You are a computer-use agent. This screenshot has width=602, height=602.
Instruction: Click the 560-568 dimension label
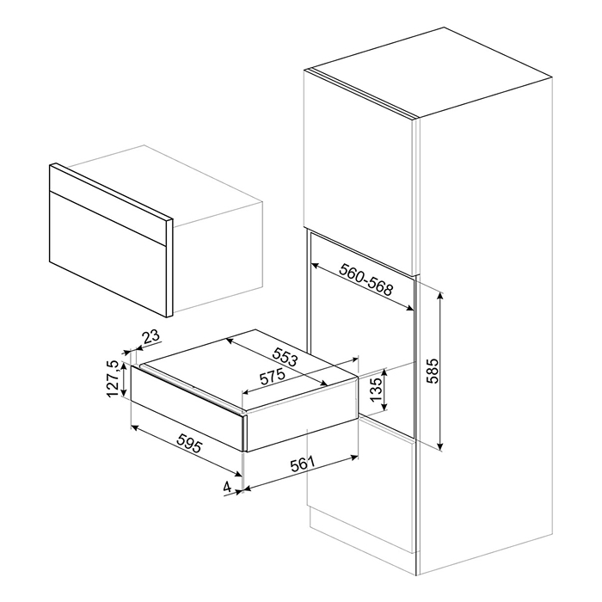[x=365, y=279]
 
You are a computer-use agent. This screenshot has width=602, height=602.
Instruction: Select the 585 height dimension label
[x=433, y=371]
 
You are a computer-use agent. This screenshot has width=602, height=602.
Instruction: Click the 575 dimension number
[x=273, y=377]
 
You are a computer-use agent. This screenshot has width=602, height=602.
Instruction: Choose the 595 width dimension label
[x=188, y=445]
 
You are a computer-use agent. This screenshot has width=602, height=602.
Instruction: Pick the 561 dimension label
[x=302, y=464]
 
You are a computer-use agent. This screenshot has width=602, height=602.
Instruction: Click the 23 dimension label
[x=150, y=337]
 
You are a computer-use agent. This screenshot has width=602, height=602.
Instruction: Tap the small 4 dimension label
[x=227, y=488]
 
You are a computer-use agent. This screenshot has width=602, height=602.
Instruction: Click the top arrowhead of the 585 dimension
[x=440, y=295]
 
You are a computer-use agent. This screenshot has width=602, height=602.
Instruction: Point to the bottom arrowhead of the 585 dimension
[x=440, y=446]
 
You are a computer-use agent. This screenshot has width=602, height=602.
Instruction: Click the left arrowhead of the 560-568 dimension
[x=315, y=265]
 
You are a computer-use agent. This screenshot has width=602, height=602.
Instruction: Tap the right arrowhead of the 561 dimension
[x=354, y=458]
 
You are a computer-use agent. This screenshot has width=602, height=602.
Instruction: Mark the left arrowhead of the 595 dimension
[x=135, y=427]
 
